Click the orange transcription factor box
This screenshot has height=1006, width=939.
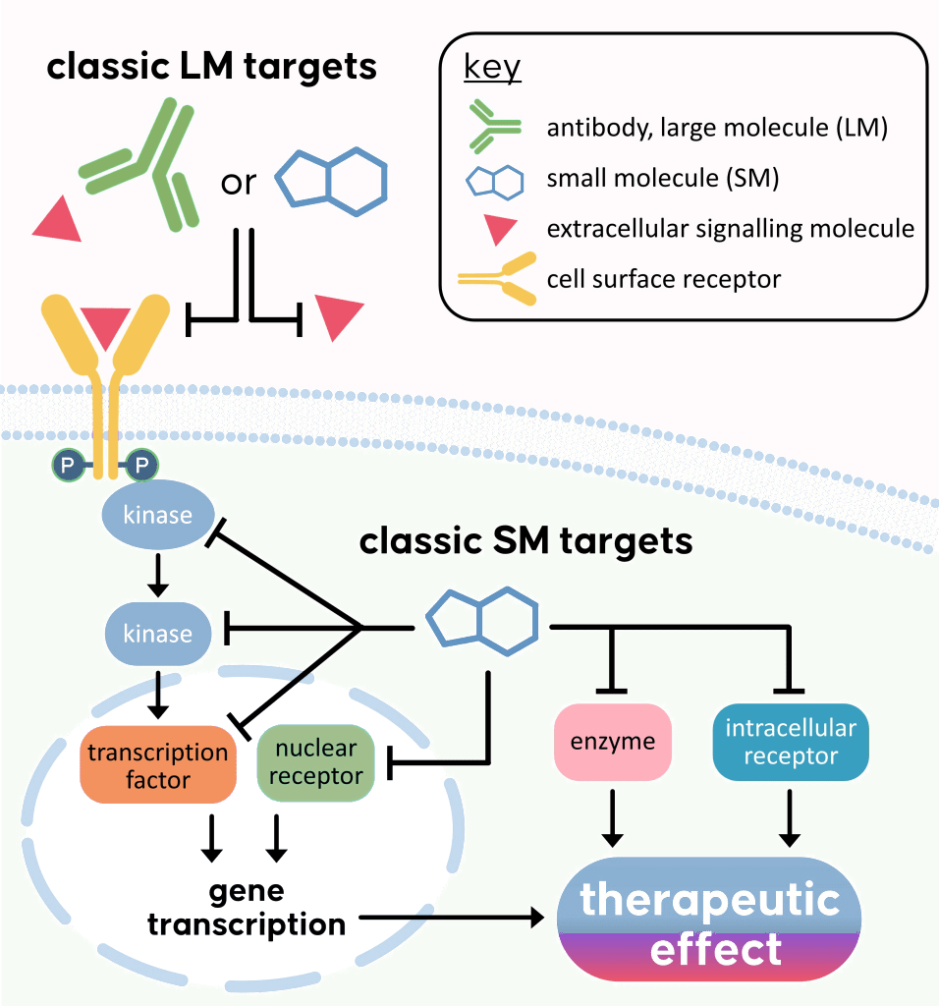tap(158, 766)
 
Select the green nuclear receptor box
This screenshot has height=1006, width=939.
tap(315, 762)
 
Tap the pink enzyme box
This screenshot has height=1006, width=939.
tap(613, 743)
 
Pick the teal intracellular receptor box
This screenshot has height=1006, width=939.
tap(791, 743)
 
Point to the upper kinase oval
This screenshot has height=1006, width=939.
tap(157, 514)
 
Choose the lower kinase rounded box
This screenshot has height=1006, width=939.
tap(157, 633)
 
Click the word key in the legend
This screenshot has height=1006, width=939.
tap(492, 70)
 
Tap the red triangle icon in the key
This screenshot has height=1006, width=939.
tap(500, 230)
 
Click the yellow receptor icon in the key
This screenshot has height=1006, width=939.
tap(496, 280)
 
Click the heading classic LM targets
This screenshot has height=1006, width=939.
tap(211, 67)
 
